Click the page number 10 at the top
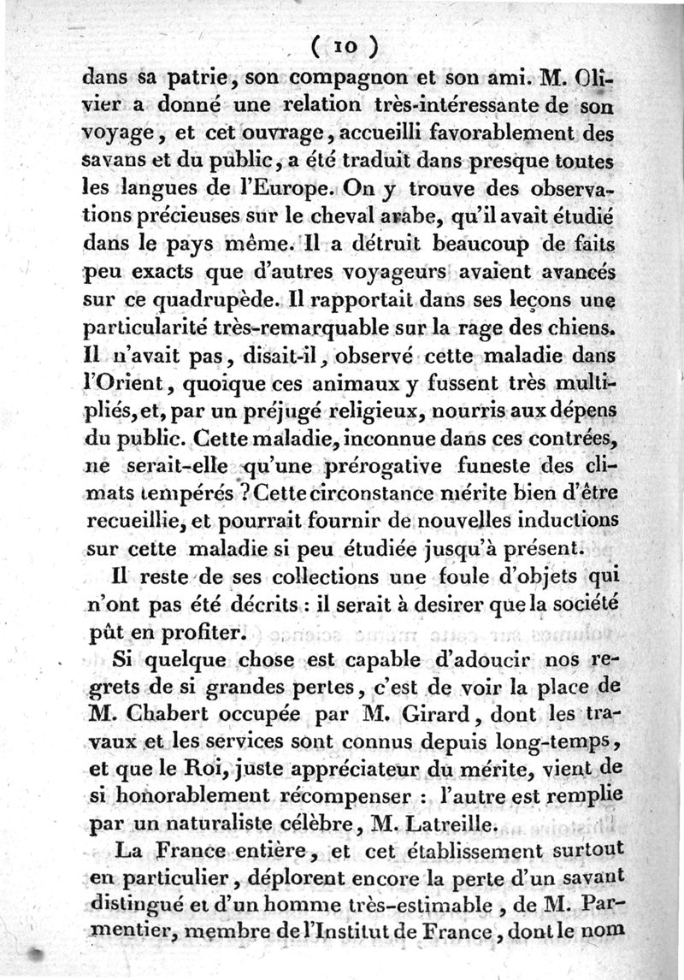coord(345,44)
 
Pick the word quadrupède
coord(227,300)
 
